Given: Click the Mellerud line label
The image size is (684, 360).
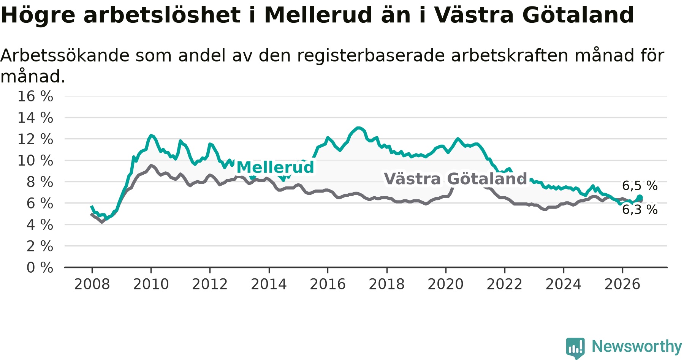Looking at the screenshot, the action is click(x=275, y=167).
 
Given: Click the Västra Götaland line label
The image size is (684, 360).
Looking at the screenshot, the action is click(x=456, y=179).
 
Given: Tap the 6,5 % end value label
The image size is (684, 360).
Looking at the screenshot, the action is click(x=640, y=186).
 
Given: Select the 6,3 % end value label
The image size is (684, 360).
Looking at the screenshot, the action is click(x=640, y=210).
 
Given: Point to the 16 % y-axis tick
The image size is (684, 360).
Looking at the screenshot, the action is click(x=35, y=96).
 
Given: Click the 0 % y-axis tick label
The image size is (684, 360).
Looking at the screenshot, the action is click(x=40, y=268).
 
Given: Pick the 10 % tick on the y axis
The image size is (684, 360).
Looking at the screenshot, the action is click(x=35, y=161).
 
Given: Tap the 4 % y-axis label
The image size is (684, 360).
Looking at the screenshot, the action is click(x=40, y=225).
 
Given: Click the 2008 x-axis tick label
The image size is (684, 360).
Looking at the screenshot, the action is click(x=92, y=284).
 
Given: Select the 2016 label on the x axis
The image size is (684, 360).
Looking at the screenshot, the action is click(x=328, y=284).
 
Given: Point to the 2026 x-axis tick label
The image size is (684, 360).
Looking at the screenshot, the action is click(x=622, y=284).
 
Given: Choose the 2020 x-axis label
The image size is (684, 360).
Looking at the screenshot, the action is click(x=446, y=284).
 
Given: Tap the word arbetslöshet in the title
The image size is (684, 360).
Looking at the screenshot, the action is click(x=162, y=15).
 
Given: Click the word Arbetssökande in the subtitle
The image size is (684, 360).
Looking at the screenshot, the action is click(x=65, y=55).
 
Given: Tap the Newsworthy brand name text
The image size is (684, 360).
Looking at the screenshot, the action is click(x=637, y=346).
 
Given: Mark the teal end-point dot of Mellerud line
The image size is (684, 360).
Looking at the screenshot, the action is click(x=640, y=197).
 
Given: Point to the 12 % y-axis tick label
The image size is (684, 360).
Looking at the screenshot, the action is click(x=35, y=139).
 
